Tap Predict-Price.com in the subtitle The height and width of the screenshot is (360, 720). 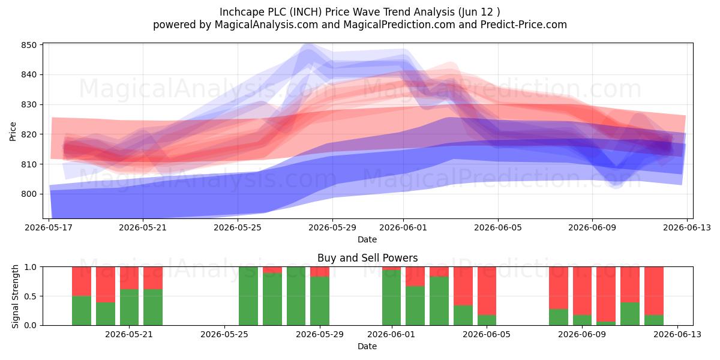(x=524, y=25)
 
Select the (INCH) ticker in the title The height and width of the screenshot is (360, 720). (x=305, y=12)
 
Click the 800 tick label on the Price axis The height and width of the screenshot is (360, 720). (x=29, y=194)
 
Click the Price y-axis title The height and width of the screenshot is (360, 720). (x=13, y=131)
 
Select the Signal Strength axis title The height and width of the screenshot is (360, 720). (x=15, y=296)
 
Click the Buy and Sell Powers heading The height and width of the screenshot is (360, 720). (x=367, y=258)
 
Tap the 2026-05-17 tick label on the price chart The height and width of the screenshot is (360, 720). (x=49, y=227)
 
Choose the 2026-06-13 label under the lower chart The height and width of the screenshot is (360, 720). (x=677, y=334)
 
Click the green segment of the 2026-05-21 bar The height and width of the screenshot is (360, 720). (x=129, y=307)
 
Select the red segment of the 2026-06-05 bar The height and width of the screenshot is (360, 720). (x=487, y=291)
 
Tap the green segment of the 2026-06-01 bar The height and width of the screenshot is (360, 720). (x=391, y=298)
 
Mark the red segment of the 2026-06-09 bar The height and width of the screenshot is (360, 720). (x=582, y=291)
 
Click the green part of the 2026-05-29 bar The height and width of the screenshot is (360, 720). (x=320, y=301)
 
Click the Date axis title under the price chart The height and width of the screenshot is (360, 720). (x=367, y=239)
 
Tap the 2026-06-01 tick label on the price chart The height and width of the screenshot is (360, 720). (x=403, y=227)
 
